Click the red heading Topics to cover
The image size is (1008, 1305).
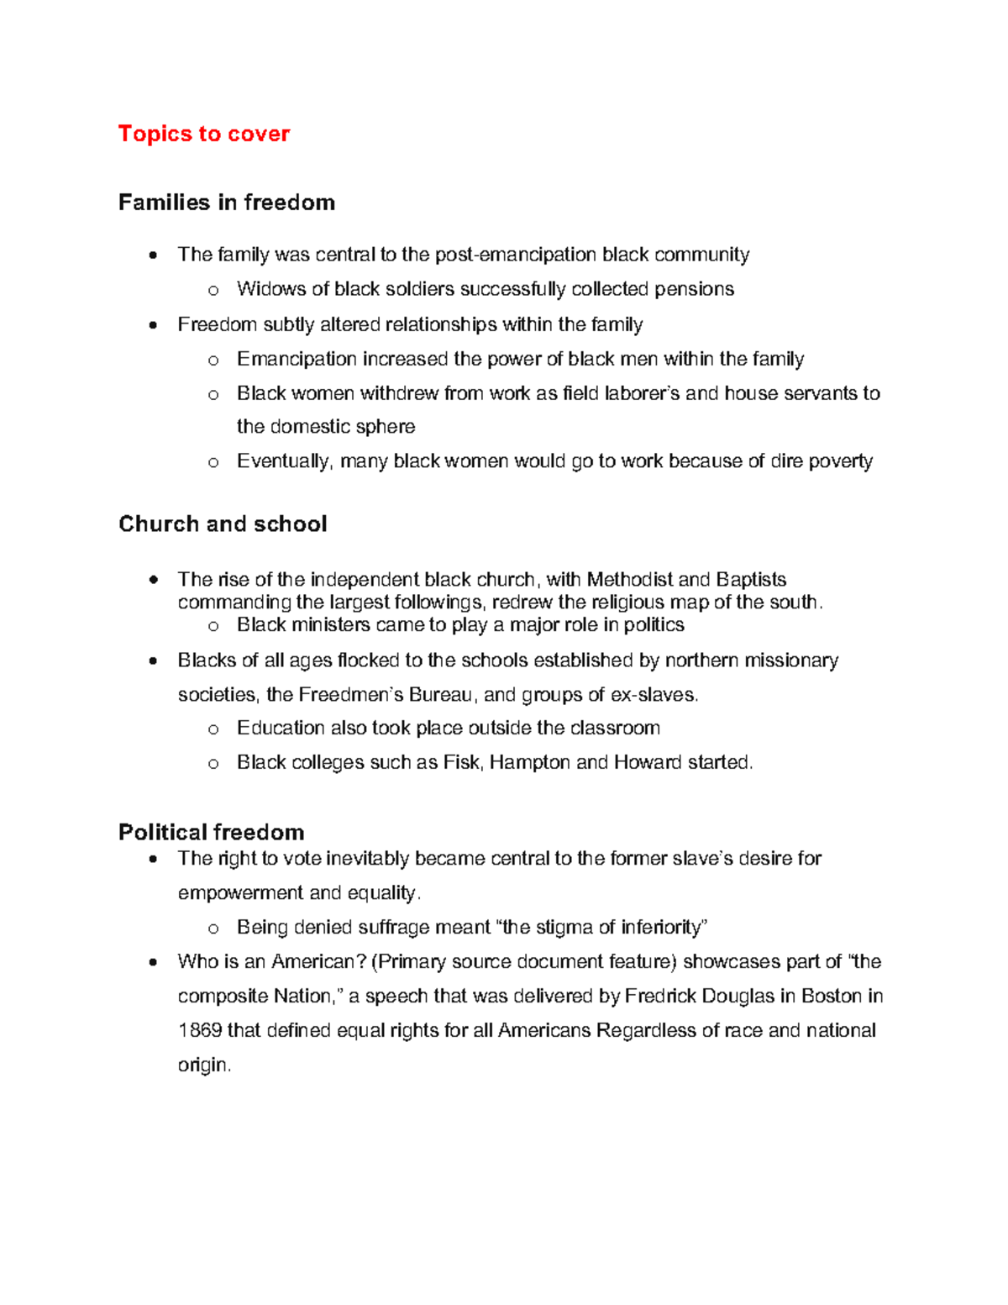pos(204,134)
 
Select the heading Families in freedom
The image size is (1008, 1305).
pos(227,203)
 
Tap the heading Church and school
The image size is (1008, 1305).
pos(223,524)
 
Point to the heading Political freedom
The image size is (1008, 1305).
pos(212,832)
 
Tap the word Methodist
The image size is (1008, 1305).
pos(629,580)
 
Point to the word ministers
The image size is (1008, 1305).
pos(330,625)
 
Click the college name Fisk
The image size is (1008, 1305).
pos(461,762)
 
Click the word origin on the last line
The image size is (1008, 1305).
pos(202,1066)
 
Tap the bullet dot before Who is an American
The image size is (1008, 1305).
pos(152,962)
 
